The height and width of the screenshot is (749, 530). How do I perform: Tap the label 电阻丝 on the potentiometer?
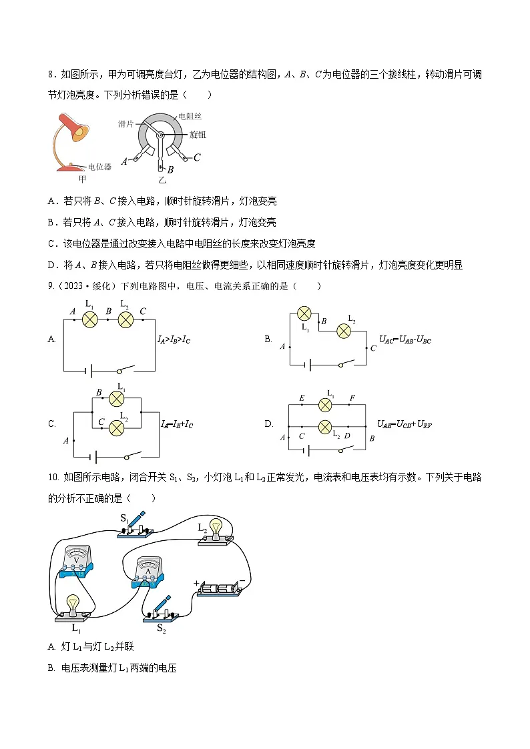pyautogui.click(x=190, y=117)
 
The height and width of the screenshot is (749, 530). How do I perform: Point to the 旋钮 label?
pyautogui.click(x=198, y=135)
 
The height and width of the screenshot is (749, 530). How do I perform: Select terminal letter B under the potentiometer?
pyautogui.click(x=170, y=169)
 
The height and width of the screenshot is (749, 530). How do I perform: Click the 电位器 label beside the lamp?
pyautogui.click(x=99, y=167)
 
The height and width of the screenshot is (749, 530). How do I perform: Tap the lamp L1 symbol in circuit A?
pyautogui.click(x=90, y=319)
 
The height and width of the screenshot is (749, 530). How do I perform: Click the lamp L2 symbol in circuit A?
pyautogui.click(x=125, y=319)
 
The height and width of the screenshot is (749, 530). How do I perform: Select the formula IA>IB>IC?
pyautogui.click(x=174, y=339)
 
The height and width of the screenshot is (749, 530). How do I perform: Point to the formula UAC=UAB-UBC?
pyautogui.click(x=405, y=339)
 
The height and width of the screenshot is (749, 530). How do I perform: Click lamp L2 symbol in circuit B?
pyautogui.click(x=344, y=331)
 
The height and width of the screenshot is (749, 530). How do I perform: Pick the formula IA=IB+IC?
pyautogui.click(x=177, y=424)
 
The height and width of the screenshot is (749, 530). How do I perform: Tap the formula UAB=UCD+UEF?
pyautogui.click(x=405, y=424)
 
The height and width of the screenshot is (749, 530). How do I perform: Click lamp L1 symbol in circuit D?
pyautogui.click(x=325, y=405)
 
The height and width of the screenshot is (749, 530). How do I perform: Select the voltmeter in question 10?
pyautogui.click(x=77, y=561)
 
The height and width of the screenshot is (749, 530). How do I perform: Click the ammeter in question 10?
pyautogui.click(x=149, y=572)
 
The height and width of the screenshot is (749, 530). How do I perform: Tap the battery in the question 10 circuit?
pyautogui.click(x=220, y=588)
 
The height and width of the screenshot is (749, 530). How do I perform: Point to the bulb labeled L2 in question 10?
pyautogui.click(x=216, y=532)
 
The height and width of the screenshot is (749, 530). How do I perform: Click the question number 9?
pyautogui.click(x=51, y=286)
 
